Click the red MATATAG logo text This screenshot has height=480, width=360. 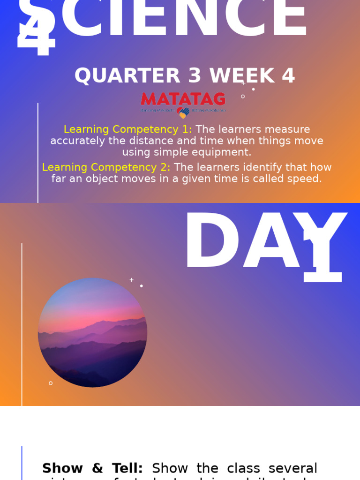coord(183,99)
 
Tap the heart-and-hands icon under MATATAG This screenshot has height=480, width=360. coord(183,112)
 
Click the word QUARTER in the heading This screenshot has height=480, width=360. coord(127,76)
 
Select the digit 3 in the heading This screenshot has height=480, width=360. coord(195,76)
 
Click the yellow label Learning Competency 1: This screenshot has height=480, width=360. coord(127,129)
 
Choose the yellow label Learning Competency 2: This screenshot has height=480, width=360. coord(106,167)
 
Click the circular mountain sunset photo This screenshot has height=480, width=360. coord(92,332)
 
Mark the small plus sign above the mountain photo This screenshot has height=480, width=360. coord(132,280)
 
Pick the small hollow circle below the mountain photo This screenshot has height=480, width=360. coord(51,383)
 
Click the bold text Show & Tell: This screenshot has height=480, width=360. coord(92,468)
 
